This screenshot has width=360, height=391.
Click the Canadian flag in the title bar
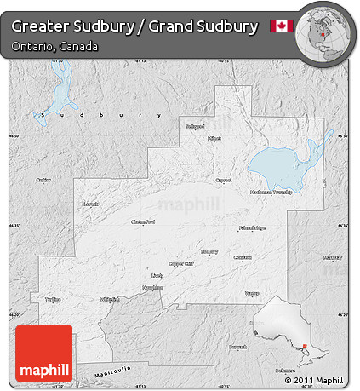click(x=281, y=26)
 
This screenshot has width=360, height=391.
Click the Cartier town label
click(x=43, y=180)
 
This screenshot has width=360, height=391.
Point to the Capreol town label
click(x=224, y=180)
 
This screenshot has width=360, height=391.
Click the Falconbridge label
click(x=252, y=227)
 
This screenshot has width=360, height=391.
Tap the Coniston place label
click(x=243, y=257)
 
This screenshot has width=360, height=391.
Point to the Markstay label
click(x=333, y=256)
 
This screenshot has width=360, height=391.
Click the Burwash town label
click(x=238, y=347)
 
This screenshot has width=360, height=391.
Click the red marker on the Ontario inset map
click(x=306, y=345)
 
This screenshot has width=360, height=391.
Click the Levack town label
click(x=92, y=204)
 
